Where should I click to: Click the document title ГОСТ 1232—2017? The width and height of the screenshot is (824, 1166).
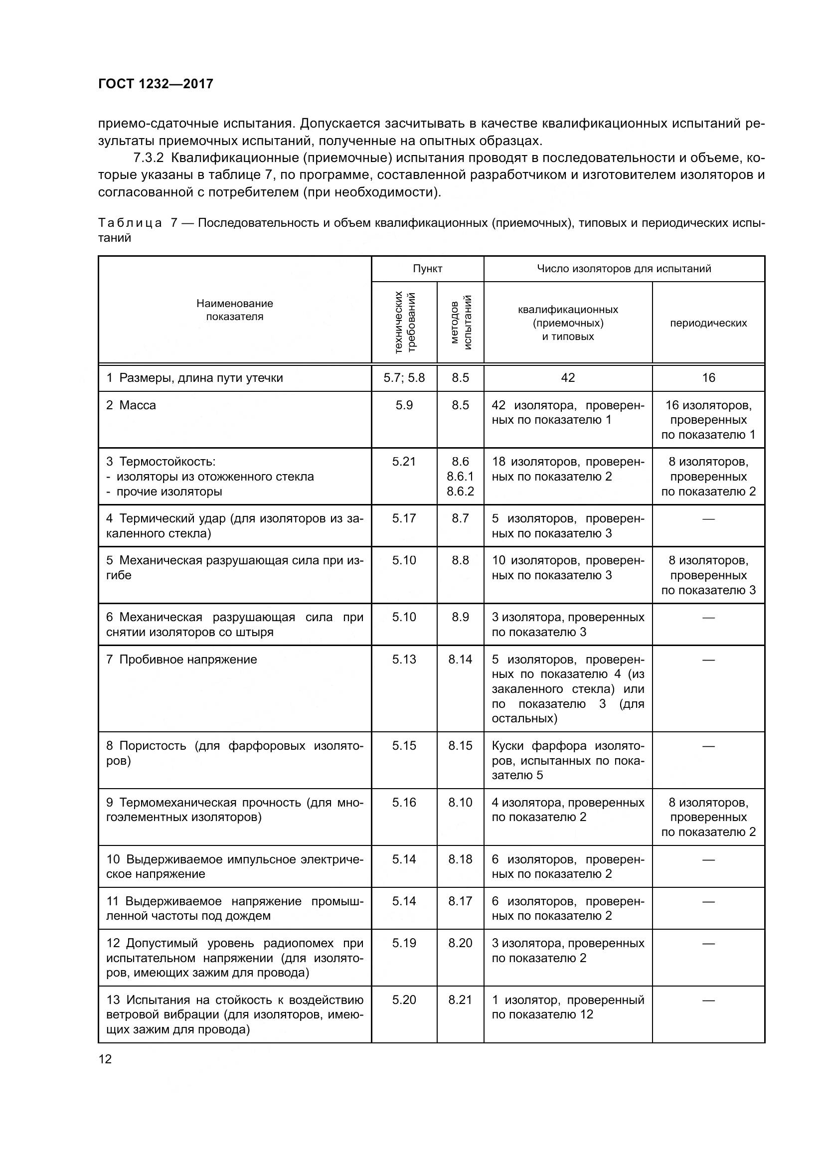[x=156, y=84]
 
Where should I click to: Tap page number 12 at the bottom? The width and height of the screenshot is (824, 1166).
[x=105, y=1059]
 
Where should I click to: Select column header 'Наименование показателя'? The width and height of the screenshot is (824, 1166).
[x=235, y=310]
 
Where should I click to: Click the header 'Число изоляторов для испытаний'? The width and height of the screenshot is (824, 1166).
[x=624, y=269]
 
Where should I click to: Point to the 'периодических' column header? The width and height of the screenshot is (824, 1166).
[x=708, y=323]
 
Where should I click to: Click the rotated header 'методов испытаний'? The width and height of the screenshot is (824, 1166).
[x=461, y=322]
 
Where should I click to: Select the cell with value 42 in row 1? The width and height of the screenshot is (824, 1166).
[x=568, y=377]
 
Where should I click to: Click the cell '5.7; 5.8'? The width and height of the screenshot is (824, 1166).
[x=404, y=377]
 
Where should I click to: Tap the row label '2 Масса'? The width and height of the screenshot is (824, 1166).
[x=131, y=405]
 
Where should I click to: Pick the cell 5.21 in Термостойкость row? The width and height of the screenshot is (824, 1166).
[x=404, y=462]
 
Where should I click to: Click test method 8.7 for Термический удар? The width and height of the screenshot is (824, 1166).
[x=460, y=518]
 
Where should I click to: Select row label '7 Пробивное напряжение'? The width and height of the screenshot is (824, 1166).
[x=182, y=659]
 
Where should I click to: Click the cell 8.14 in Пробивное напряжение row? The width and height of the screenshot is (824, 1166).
[x=460, y=659]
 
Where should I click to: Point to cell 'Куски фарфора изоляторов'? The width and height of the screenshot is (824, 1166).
[x=568, y=760]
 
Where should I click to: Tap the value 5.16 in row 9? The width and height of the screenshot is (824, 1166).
[x=404, y=803]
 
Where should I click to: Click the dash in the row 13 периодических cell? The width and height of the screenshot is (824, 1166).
[x=708, y=1000]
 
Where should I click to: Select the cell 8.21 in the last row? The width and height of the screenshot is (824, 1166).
[x=460, y=999]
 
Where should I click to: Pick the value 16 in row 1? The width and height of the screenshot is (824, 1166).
[x=708, y=377]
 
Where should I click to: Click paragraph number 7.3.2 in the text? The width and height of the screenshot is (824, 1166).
[x=148, y=158]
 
